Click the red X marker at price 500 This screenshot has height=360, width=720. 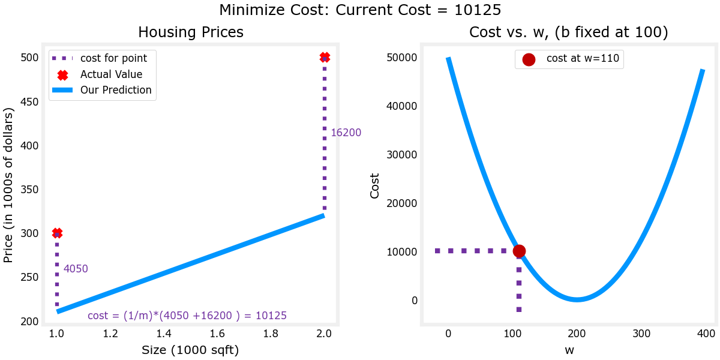coord(325,58)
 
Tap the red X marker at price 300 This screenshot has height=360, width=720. coord(57,233)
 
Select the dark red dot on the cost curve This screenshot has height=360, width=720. coord(519,251)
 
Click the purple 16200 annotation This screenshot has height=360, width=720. coord(346,133)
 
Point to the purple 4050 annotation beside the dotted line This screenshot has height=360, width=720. coord(76,269)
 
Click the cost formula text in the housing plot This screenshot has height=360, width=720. coord(187,316)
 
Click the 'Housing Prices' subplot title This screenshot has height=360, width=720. coord(191,32)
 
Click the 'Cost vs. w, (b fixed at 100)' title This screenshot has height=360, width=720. coord(568,32)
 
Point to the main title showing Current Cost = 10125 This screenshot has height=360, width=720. coord(360,10)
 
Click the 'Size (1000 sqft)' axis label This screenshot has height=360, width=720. coord(190,350)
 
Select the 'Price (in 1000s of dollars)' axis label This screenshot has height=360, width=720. coord(8,185)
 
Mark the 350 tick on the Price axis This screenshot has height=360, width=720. coord(29,190)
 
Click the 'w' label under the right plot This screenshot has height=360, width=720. coord(569,350)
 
